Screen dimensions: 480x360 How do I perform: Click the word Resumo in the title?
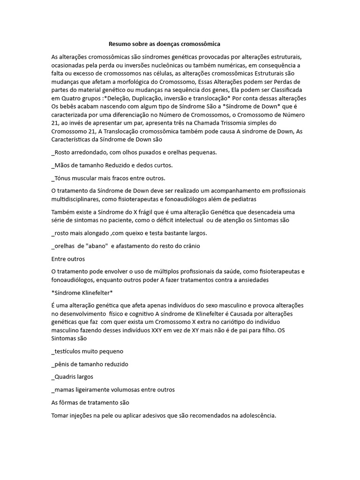click(119, 44)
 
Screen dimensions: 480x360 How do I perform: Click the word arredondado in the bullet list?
click(90, 152)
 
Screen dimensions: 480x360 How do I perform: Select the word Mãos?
click(63, 165)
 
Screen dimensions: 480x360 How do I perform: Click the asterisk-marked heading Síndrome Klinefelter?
click(82, 293)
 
